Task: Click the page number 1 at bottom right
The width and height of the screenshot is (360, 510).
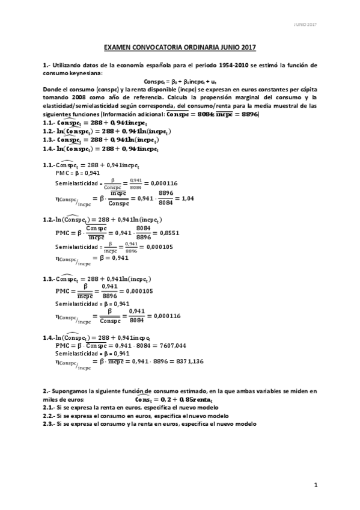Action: click(315, 484)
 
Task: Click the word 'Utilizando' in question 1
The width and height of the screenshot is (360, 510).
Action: click(68, 64)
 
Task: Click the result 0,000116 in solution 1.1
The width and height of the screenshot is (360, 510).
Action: click(163, 183)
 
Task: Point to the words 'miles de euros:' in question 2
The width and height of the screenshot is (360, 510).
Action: click(63, 399)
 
